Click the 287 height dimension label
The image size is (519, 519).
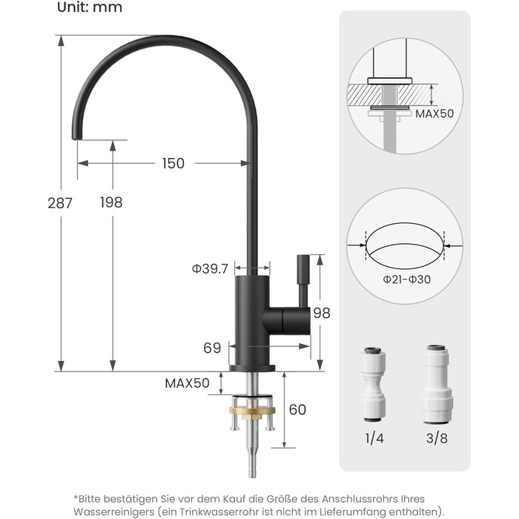60,203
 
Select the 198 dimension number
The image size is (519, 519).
111,202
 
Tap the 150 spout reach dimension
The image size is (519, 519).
173,163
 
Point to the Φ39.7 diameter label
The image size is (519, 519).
210,268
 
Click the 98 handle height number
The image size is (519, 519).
322,313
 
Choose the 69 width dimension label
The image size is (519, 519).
212,348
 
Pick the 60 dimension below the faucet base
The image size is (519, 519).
297,409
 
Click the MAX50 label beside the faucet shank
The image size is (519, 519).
187,383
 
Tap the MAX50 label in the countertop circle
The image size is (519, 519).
434,114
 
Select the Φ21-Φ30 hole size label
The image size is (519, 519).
407,280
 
